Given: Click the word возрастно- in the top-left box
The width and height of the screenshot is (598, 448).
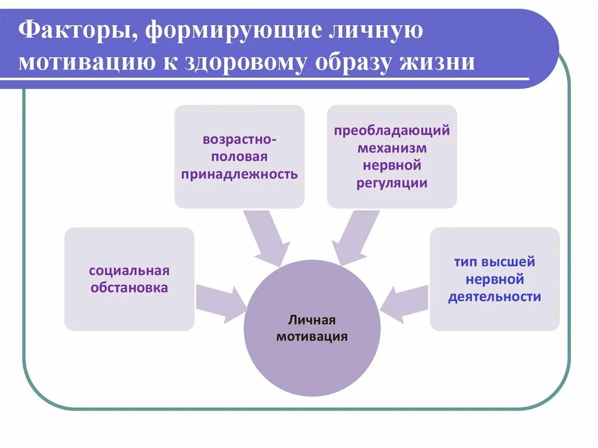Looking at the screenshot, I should coord(239,140).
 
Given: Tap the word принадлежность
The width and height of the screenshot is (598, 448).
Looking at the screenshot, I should coord(239,174).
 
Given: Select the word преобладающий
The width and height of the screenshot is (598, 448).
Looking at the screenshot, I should coord(392,130).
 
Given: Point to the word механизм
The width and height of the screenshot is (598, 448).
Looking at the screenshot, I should coord(392,148).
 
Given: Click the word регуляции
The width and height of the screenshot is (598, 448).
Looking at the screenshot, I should coord(392,183).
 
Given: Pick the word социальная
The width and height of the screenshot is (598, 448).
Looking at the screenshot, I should coord(129,270).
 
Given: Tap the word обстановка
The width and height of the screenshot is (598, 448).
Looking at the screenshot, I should coord(129,288).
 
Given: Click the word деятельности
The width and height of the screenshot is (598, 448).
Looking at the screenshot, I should coord(495,297).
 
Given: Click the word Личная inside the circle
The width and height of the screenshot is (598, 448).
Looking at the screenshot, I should coord(312,320).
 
